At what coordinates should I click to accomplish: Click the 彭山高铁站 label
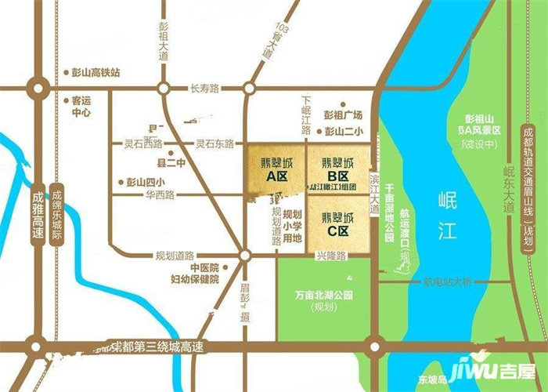tap(95, 72)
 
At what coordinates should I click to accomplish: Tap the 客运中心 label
tap(81, 107)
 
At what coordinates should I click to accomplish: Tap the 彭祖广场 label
tap(344, 114)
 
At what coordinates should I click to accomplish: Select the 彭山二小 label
tap(344, 132)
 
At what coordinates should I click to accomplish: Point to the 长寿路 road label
tap(206, 89)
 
